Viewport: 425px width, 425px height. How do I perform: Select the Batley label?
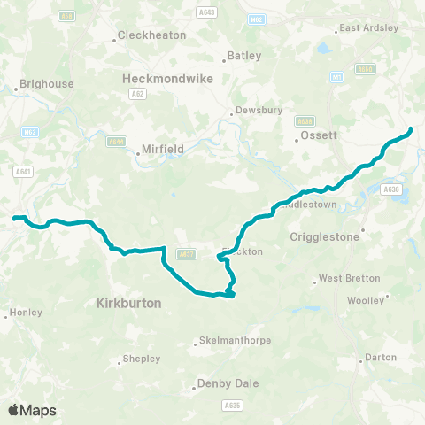coord(244,55)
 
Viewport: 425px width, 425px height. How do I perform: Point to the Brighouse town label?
coord(47,85)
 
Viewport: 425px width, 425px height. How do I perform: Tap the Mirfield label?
coord(165,150)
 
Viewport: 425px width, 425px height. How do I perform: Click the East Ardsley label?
coord(369,27)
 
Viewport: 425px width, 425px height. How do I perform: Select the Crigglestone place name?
coord(324,237)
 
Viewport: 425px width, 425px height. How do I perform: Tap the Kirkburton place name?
coord(127,303)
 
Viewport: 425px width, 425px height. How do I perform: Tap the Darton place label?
coord(382,359)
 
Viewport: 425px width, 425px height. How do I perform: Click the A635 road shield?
coord(233,406)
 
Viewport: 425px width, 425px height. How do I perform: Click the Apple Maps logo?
coord(33,410)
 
